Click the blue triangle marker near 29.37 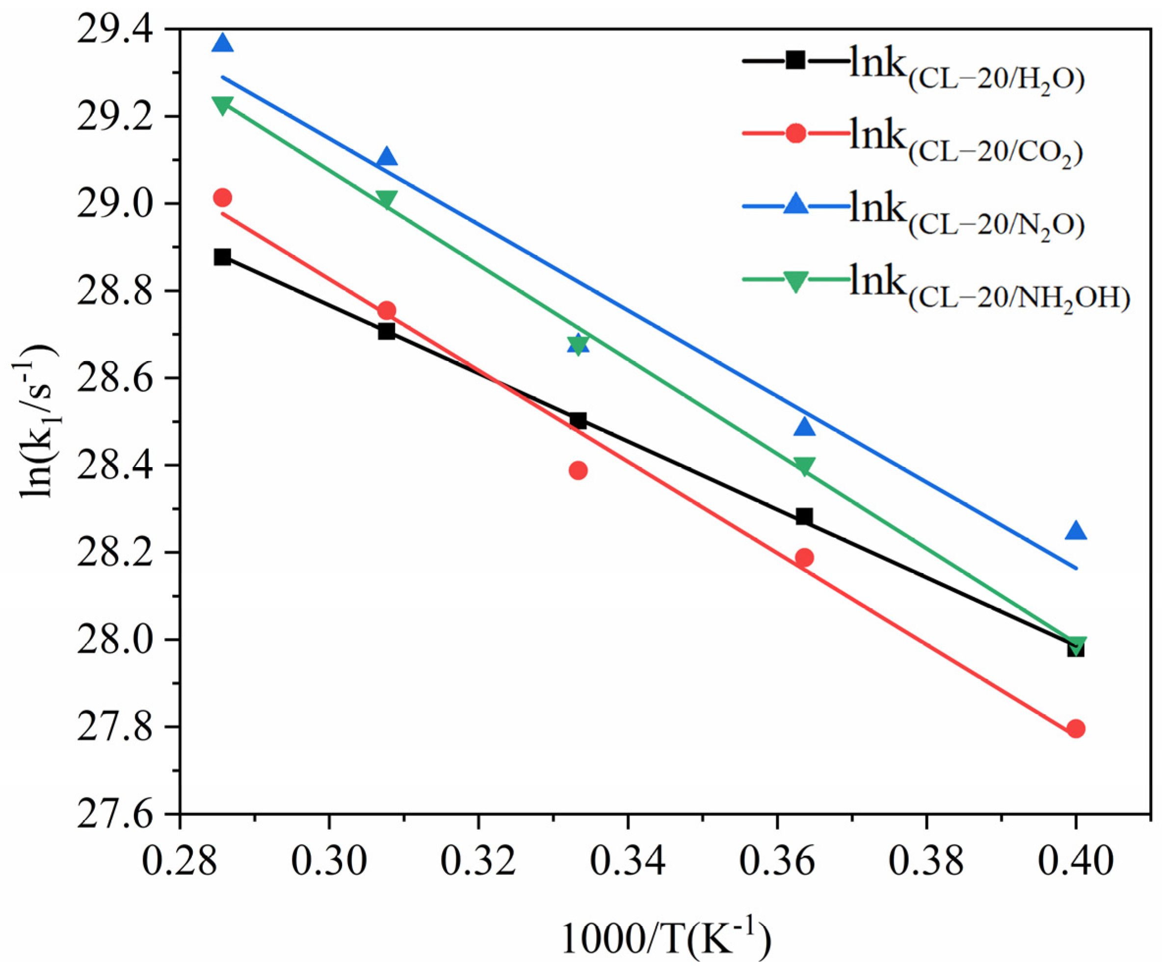tap(222, 43)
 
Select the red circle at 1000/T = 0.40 tap(1076, 729)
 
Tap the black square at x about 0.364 tap(804, 517)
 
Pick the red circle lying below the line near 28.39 tap(578, 471)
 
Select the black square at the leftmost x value tap(222, 257)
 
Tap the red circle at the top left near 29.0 tap(222, 197)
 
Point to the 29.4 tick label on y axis tap(116, 30)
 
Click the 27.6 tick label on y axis tap(116, 815)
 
